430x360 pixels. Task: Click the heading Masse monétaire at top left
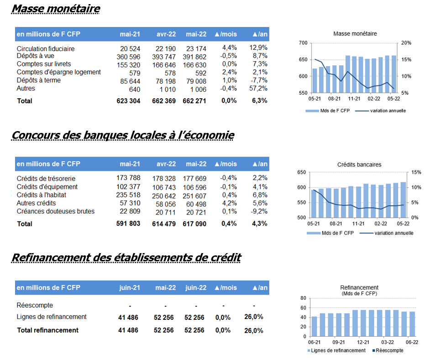click(56, 9)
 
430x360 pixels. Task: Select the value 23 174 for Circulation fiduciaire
click(196, 48)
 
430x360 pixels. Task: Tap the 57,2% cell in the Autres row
click(258, 88)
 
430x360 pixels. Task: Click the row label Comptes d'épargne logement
click(59, 72)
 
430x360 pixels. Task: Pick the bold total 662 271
click(194, 101)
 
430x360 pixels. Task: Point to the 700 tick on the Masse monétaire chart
click(303, 43)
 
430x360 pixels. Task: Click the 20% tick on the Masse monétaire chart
click(406, 43)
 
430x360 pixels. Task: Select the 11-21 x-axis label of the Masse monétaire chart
click(354, 99)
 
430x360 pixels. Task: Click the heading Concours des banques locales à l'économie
click(123, 135)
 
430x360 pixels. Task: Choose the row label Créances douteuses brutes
click(56, 211)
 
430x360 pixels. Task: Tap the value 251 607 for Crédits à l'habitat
click(194, 196)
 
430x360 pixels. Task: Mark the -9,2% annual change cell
click(259, 211)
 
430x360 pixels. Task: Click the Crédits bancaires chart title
click(359, 164)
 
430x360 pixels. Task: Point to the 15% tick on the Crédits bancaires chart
click(416, 172)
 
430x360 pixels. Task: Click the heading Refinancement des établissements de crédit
click(126, 257)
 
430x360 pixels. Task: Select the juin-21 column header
click(130, 287)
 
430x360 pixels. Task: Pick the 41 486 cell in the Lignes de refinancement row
click(128, 318)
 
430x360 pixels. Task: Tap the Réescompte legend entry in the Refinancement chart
click(388, 350)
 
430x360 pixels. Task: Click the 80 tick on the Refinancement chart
click(303, 298)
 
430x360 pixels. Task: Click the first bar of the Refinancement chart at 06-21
click(314, 327)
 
